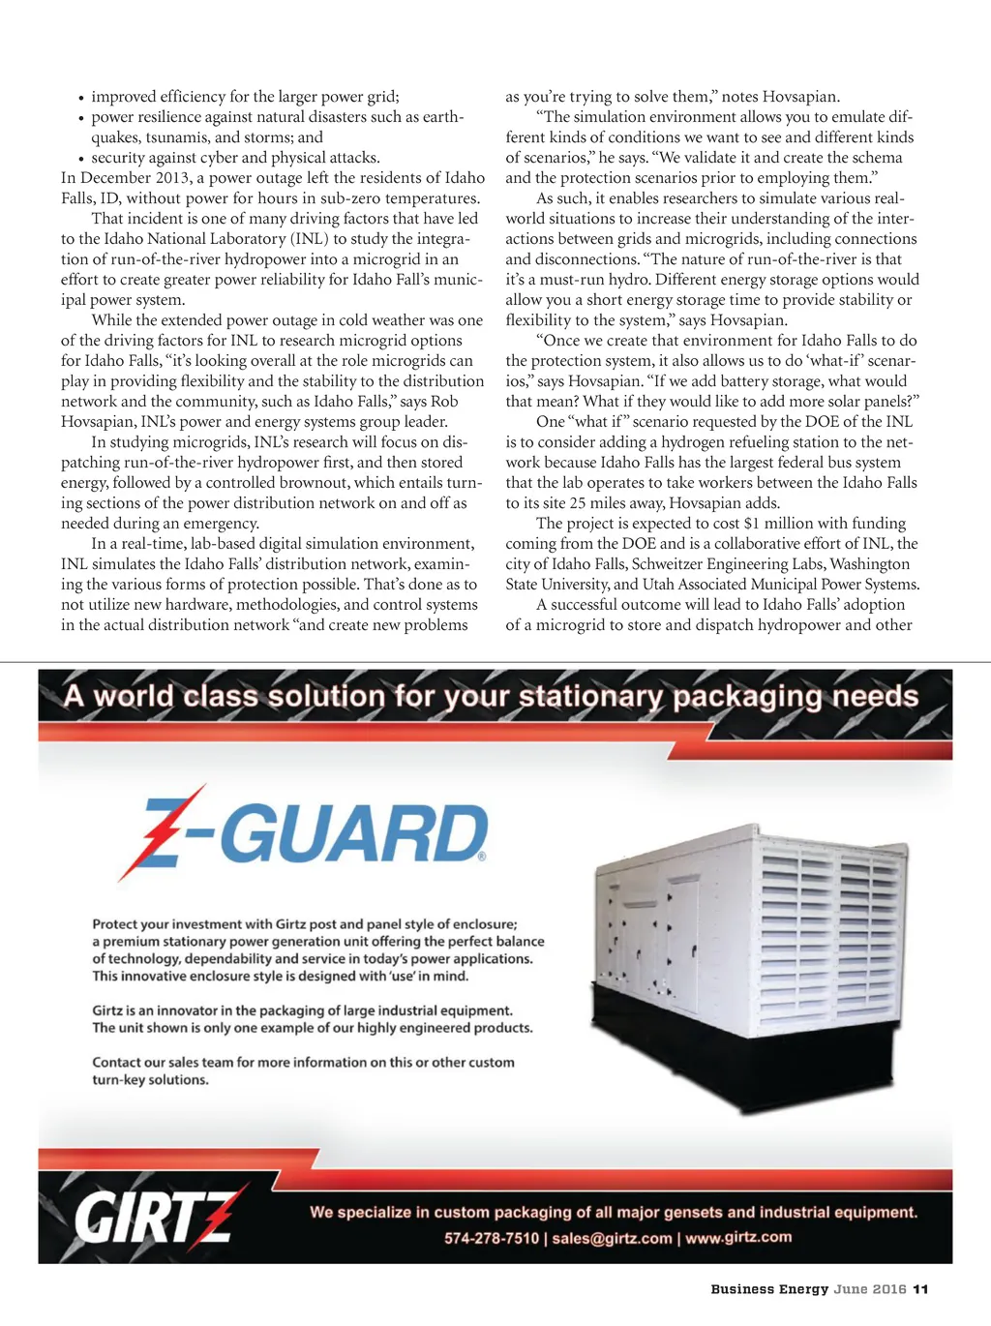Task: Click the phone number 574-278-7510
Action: pyautogui.click(x=492, y=1238)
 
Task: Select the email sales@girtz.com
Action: pyautogui.click(x=612, y=1238)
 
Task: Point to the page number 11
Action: pyautogui.click(x=920, y=1289)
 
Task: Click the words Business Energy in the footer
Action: pyautogui.click(x=769, y=1289)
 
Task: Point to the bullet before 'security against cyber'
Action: pyautogui.click(x=81, y=159)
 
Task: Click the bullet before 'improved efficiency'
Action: pyautogui.click(x=81, y=98)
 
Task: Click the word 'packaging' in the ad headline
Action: pyautogui.click(x=737, y=696)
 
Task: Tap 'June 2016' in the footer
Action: pyautogui.click(x=870, y=1289)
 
